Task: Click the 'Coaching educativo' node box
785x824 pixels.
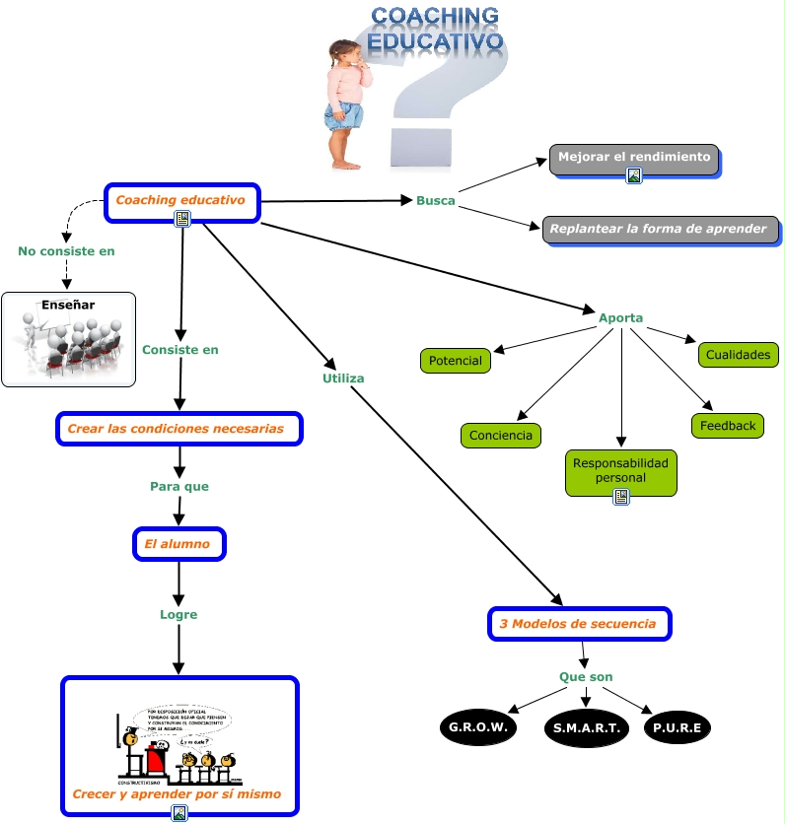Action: (x=180, y=201)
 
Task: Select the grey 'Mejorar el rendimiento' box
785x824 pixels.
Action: (x=633, y=158)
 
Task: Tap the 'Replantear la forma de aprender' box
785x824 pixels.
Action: (x=659, y=229)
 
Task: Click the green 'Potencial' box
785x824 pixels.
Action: (x=456, y=361)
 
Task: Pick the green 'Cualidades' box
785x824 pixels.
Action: (x=738, y=355)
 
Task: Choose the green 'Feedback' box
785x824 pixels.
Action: (x=728, y=426)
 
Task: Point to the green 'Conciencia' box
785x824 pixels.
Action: (x=500, y=436)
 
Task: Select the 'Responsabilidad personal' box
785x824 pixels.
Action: (x=620, y=471)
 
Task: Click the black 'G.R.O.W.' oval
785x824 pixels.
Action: (x=478, y=727)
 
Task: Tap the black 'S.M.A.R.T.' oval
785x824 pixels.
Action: (x=586, y=729)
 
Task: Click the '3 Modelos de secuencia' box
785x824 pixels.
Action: (x=579, y=624)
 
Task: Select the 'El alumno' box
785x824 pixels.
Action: (x=178, y=544)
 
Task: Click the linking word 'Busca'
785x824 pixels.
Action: (x=435, y=201)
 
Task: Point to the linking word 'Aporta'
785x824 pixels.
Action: (x=620, y=318)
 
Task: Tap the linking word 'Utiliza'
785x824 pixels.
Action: (x=343, y=378)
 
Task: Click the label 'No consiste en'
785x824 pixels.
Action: (x=66, y=251)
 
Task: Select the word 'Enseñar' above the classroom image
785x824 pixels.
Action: (x=68, y=306)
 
